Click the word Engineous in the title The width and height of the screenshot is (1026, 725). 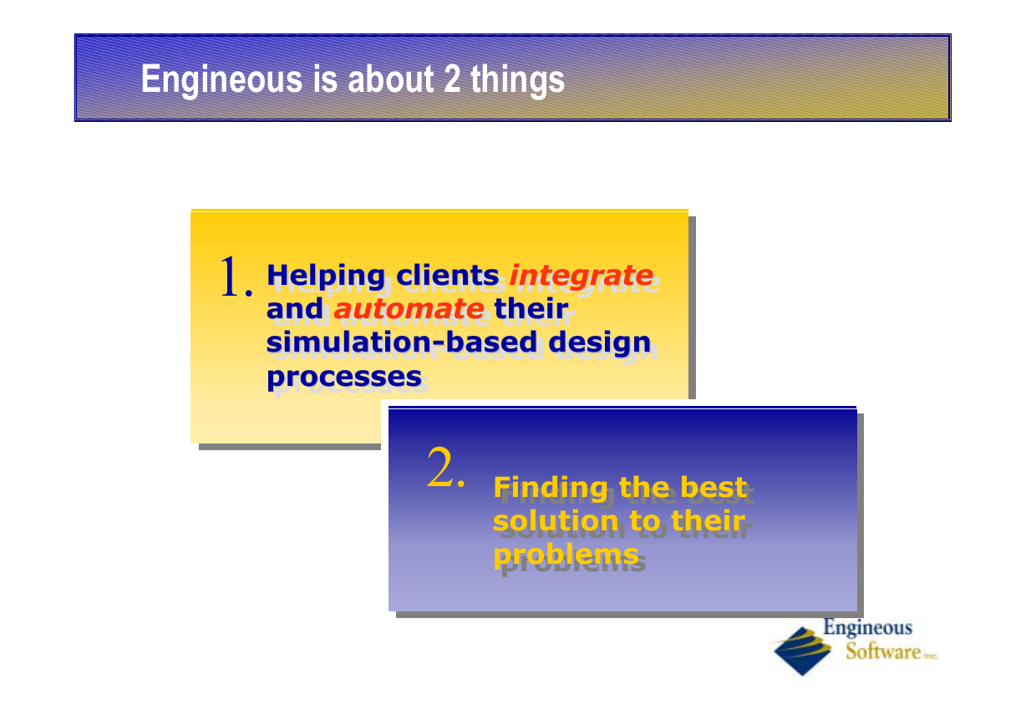221,80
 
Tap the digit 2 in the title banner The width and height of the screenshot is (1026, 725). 452,79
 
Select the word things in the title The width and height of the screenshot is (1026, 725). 517,80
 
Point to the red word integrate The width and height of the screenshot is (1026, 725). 582,276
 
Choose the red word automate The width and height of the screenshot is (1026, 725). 409,308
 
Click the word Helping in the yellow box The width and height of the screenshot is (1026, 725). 326,276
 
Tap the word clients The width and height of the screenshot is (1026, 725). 448,276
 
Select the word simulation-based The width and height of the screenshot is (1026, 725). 401,342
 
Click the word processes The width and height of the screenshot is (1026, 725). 344,378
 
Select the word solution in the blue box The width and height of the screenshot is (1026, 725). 556,520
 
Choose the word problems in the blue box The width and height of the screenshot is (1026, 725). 566,556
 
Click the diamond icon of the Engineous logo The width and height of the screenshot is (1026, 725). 802,651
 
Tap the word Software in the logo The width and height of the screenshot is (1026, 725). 883,651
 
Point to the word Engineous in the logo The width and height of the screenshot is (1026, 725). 868,628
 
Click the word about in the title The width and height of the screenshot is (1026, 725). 391,79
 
